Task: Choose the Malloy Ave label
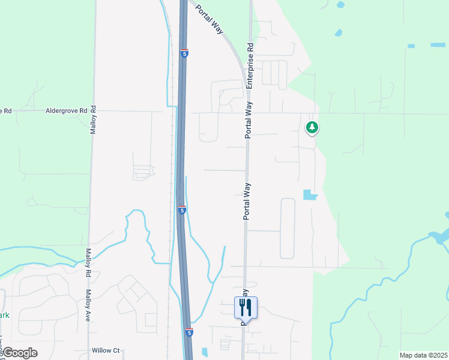coord(87,308)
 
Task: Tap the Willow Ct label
coord(106,350)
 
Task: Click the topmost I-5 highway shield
coord(184,53)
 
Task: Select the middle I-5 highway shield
coord(181,210)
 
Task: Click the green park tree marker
coord(312,128)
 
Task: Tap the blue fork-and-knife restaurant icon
coord(246,308)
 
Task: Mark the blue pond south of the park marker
coord(310,194)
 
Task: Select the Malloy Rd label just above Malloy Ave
coord(88,263)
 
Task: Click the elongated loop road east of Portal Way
coord(288,228)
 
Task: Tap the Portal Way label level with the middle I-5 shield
coord(246,202)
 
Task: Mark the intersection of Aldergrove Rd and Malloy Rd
coord(94,111)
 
